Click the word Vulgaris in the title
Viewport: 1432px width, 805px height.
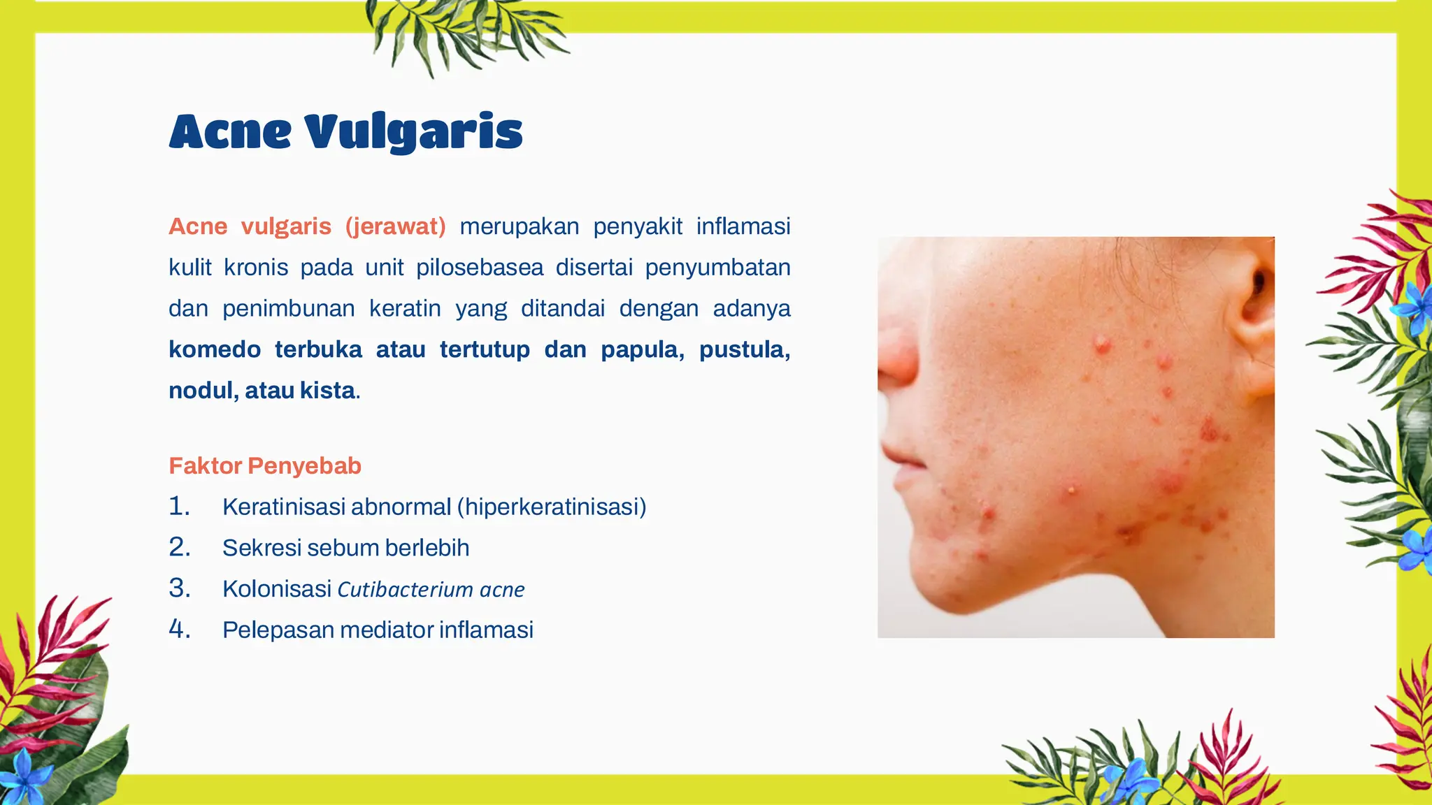(413, 132)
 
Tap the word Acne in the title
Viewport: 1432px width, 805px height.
(230, 132)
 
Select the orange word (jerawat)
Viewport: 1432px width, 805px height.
(395, 226)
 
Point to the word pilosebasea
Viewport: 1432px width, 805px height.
(480, 268)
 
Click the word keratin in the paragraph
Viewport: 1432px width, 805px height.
(405, 309)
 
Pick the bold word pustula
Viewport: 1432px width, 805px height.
(744, 349)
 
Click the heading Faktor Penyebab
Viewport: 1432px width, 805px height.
(265, 466)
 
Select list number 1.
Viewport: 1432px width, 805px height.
(179, 507)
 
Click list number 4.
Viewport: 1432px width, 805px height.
(179, 630)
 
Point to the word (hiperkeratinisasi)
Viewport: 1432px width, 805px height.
(552, 507)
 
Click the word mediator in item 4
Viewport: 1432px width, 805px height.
(386, 630)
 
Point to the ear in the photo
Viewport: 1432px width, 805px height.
(1252, 307)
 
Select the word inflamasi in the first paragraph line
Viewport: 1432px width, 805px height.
(743, 226)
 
